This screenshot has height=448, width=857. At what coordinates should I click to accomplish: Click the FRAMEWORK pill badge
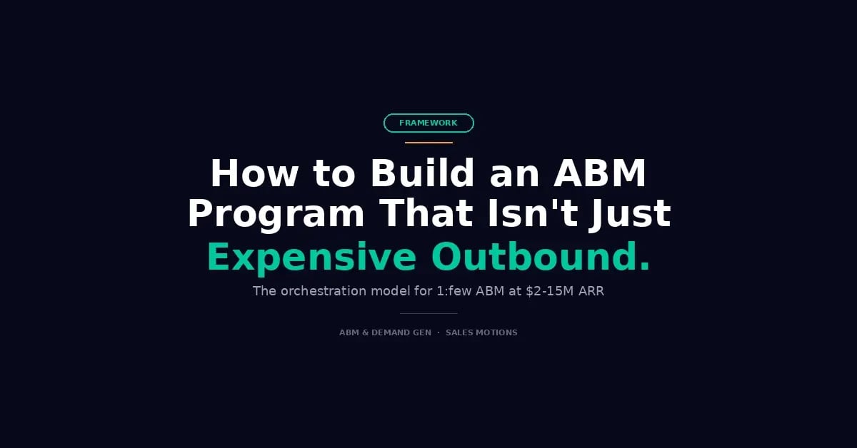428,123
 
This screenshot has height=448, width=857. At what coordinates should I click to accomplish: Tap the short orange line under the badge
428,143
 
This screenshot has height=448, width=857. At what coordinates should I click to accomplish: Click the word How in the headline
254,173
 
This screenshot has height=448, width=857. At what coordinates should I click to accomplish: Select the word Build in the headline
422,173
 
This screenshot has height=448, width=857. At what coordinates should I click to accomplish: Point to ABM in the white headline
600,173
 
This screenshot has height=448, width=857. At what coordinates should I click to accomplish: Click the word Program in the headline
276,215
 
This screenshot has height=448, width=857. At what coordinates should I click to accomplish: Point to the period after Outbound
645,266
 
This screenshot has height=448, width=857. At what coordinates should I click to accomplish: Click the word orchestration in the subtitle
324,291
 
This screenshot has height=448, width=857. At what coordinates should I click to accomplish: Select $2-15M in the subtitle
550,291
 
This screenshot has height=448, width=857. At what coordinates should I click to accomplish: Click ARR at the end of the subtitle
591,291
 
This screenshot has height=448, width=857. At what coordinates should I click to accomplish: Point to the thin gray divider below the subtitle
428,313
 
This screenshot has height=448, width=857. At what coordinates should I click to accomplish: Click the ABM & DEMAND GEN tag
385,332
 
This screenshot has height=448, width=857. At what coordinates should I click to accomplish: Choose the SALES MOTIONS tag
481,332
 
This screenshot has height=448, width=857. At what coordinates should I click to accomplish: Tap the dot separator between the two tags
438,332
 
